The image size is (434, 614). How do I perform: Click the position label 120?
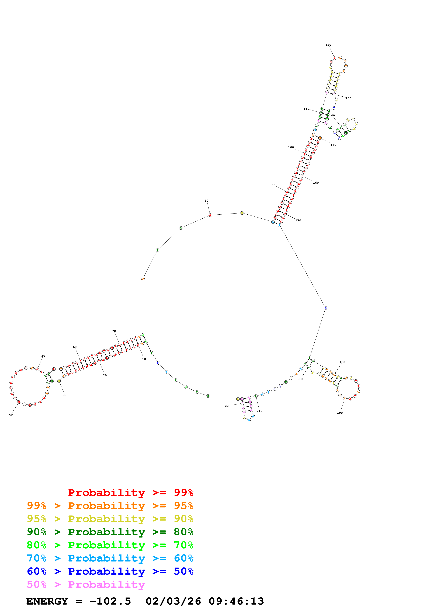[328, 45]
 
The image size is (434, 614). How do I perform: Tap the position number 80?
[206, 201]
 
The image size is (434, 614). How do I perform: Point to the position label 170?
[298, 221]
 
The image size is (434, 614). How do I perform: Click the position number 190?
[340, 413]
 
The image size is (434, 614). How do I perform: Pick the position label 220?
[228, 406]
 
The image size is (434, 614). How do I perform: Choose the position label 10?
[144, 359]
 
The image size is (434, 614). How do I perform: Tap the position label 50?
[43, 356]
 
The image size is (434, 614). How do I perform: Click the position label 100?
[291, 147]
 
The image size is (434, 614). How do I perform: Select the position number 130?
[348, 98]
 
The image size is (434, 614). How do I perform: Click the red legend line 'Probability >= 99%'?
[130, 493]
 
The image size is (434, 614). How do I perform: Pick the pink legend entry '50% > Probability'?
[86, 585]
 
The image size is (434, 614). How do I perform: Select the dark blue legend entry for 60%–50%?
[110, 571]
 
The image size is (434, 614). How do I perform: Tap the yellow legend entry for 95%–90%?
[110, 519]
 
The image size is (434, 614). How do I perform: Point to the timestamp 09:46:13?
[236, 601]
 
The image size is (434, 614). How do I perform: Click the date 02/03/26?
[173, 601]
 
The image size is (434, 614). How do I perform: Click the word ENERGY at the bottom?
[47, 601]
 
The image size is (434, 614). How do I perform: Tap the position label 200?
[300, 379]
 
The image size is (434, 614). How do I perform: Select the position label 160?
[316, 183]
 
